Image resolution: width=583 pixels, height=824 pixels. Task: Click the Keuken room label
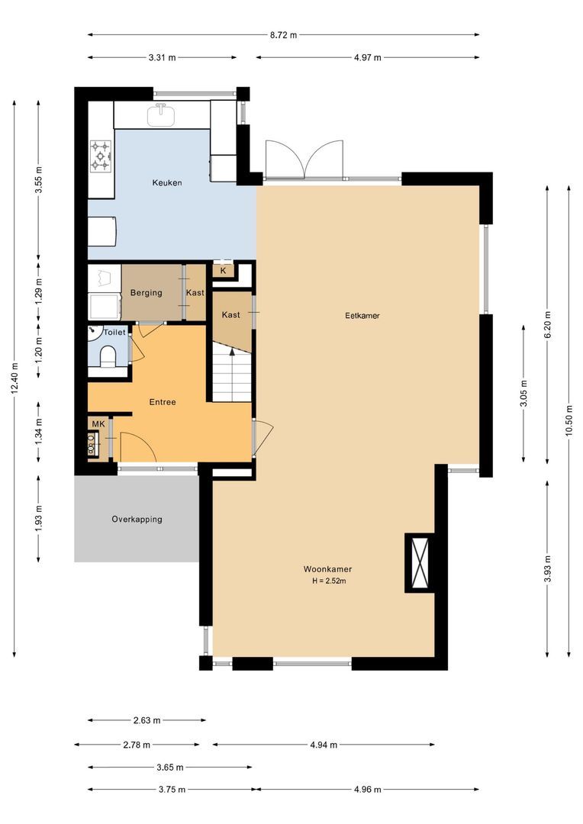(x=166, y=183)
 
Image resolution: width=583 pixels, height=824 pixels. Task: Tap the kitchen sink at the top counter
(x=161, y=115)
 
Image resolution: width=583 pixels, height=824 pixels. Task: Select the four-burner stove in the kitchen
(x=101, y=155)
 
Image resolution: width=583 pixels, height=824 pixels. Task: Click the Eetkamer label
(x=362, y=315)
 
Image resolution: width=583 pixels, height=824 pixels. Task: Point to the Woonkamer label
(x=327, y=569)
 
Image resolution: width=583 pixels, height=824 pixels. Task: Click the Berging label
(x=146, y=293)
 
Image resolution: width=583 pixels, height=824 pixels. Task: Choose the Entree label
(x=163, y=402)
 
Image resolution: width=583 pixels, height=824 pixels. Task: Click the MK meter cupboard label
(x=98, y=424)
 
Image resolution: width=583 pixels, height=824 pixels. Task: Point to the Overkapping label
(x=137, y=520)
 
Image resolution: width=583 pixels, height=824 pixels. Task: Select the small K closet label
(x=224, y=271)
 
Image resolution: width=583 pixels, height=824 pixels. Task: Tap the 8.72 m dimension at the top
(x=284, y=34)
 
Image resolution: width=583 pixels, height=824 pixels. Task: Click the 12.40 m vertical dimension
(x=15, y=379)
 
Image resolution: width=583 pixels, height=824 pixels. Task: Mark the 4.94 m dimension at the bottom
(x=324, y=745)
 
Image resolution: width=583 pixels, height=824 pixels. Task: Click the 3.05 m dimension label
(x=523, y=394)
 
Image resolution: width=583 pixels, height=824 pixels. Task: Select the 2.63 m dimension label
(x=147, y=719)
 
